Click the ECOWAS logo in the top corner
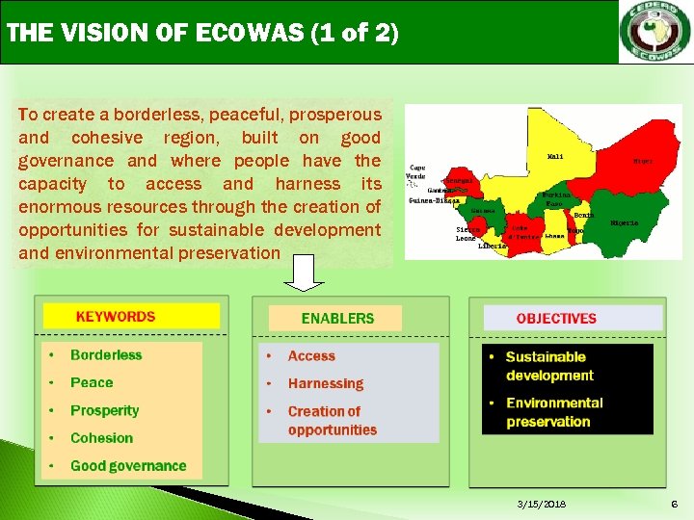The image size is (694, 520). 654,32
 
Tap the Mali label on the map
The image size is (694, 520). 556,156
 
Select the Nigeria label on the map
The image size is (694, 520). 624,223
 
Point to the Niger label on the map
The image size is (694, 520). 642,161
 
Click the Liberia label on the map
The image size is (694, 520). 493,246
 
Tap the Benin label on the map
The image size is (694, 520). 582,216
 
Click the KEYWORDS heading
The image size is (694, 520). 116,316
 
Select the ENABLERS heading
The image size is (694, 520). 337,318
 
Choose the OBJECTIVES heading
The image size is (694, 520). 556,318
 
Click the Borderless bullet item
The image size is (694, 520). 106,355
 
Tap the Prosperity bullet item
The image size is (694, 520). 104,410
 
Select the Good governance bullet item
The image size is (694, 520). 128,466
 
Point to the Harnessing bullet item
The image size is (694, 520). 325,383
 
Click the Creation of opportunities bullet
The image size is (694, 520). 332,421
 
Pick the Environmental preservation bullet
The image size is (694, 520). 553,412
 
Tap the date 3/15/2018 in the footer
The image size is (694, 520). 543,505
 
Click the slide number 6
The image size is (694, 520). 675,505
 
